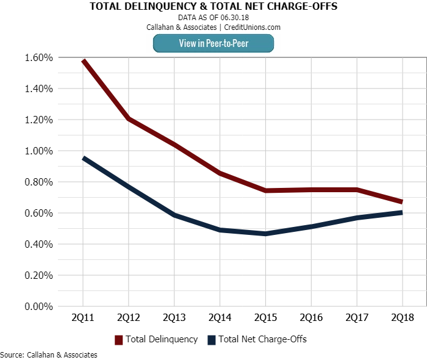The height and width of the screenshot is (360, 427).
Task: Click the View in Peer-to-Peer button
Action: [x=213, y=43]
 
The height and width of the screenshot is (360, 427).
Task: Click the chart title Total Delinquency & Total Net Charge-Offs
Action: [x=213, y=7]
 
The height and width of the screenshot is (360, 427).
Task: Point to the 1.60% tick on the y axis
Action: [x=39, y=58]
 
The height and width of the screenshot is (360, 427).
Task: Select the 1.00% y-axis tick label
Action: [x=39, y=151]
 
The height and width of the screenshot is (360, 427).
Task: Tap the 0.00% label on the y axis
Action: [x=39, y=306]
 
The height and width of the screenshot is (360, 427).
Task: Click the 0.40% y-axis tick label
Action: [x=39, y=244]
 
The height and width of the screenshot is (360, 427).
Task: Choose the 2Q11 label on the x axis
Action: [x=82, y=318]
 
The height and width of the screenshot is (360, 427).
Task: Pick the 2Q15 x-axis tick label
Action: [x=265, y=318]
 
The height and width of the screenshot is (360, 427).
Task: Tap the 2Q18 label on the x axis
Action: [x=402, y=318]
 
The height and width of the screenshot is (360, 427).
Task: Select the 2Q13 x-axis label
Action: [x=174, y=318]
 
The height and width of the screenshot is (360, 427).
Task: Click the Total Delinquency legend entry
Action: [x=162, y=339]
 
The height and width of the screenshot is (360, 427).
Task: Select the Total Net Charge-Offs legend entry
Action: [x=262, y=339]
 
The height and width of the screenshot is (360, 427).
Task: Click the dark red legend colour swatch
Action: [x=119, y=339]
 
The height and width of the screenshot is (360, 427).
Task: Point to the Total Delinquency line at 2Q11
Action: [x=83, y=61]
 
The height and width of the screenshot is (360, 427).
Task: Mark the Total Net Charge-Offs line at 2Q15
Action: [x=265, y=234]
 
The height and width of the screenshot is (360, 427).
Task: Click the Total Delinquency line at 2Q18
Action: [x=401, y=201]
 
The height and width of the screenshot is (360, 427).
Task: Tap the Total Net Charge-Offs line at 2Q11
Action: [x=83, y=158]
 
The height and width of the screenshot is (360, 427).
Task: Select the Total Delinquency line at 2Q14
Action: [x=219, y=173]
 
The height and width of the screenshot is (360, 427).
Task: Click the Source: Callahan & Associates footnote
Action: [x=49, y=355]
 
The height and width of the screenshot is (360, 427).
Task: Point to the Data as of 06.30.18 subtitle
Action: [x=213, y=18]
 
